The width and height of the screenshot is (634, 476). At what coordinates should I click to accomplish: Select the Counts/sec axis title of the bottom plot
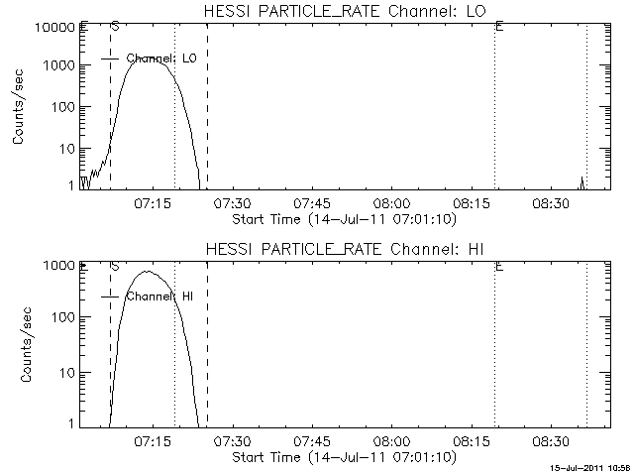tap(19, 344)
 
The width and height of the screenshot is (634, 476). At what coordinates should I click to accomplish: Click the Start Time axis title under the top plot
tap(342, 218)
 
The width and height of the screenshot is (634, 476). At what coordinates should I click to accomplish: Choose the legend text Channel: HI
tap(159, 297)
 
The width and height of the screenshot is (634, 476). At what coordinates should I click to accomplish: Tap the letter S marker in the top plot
tap(115, 27)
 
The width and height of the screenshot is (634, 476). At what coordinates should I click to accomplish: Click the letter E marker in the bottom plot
tap(499, 266)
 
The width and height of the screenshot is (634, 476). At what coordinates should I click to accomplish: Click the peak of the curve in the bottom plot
tap(147, 271)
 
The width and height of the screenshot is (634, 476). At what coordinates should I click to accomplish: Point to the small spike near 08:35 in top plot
tap(582, 180)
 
